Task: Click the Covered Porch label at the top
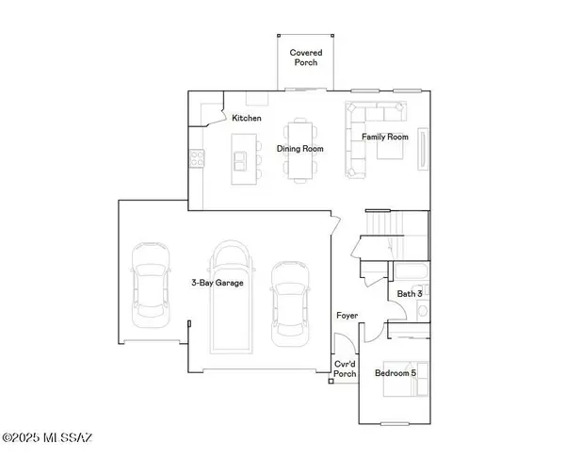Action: tap(305, 58)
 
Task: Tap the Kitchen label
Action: tap(247, 118)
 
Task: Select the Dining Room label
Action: tap(299, 148)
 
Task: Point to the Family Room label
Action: tap(385, 137)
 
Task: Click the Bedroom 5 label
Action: tap(394, 374)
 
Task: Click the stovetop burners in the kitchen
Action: tap(198, 159)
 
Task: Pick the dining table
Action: tap(302, 148)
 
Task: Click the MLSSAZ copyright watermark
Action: tap(48, 437)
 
